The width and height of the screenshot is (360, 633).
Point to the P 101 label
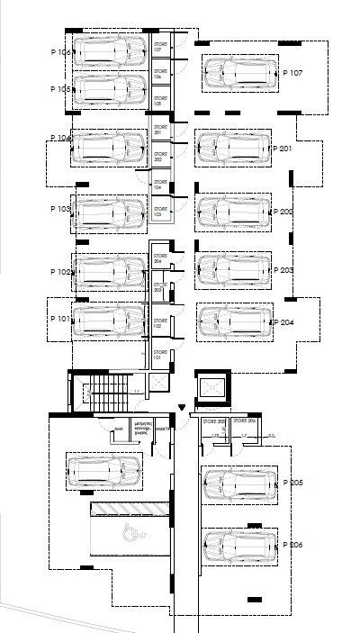pyautogui.click(x=59, y=319)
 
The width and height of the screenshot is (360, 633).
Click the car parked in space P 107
pyautogui.click(x=238, y=74)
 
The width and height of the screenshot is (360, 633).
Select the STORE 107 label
pyautogui.click(x=160, y=46)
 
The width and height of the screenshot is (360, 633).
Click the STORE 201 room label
pyautogui.click(x=160, y=131)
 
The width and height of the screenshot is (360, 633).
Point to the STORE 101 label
pyautogui.click(x=160, y=354)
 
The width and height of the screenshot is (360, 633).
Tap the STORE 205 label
pyautogui.click(x=213, y=421)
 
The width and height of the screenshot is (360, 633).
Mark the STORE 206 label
pyautogui.click(x=245, y=421)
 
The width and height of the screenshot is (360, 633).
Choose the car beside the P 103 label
pyautogui.click(x=110, y=213)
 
